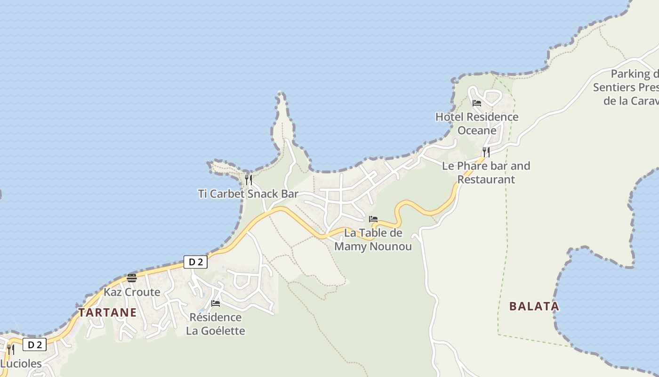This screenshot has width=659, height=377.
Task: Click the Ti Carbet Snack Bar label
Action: (x=248, y=194)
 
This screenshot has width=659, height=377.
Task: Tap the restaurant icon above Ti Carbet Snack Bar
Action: (x=249, y=180)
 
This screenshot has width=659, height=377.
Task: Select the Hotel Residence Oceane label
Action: (x=476, y=123)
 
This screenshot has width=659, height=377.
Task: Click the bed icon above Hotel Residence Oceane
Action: (x=477, y=103)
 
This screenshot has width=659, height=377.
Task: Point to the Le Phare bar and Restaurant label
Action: (x=486, y=172)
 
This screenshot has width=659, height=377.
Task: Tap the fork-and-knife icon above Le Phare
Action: (x=486, y=152)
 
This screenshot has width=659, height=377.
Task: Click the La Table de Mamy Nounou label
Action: (x=373, y=239)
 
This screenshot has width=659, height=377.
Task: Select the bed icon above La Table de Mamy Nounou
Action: (x=373, y=219)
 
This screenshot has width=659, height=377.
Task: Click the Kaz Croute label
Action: (x=132, y=292)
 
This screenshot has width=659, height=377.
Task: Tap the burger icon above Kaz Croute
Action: (x=132, y=278)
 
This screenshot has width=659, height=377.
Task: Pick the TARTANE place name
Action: (x=107, y=312)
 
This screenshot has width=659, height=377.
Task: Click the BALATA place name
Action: (x=534, y=306)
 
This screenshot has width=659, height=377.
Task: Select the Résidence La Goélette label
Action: (x=216, y=324)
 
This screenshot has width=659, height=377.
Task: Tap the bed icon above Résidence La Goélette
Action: (x=216, y=303)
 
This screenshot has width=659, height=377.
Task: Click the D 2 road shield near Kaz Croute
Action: (x=195, y=262)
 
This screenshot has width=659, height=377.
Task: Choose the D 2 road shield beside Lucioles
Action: (x=35, y=345)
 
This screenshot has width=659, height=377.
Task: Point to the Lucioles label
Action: (x=21, y=364)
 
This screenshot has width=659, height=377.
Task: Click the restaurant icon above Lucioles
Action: (x=10, y=349)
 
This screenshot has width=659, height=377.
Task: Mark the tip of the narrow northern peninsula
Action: (x=281, y=93)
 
